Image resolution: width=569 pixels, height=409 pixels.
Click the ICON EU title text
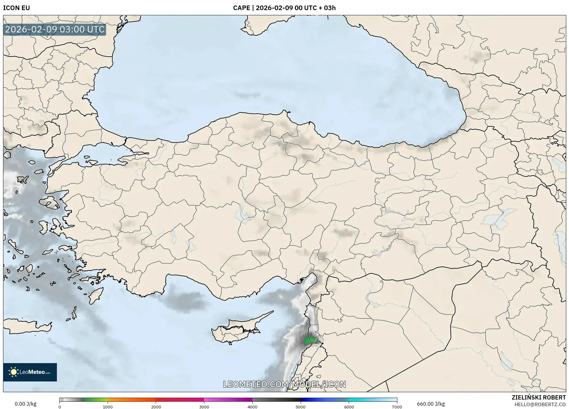click(x=17, y=8)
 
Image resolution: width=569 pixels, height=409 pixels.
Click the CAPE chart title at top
click(x=284, y=8)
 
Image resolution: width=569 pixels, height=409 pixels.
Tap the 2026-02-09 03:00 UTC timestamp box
click(x=55, y=29)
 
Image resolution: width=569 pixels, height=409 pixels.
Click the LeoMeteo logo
click(x=30, y=372)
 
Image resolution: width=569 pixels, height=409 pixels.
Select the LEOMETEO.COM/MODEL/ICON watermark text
click(x=284, y=384)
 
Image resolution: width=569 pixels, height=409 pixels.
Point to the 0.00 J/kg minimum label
click(x=25, y=404)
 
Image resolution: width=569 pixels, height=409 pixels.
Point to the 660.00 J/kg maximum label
click(x=431, y=404)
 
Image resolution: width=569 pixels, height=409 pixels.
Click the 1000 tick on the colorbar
click(x=108, y=407)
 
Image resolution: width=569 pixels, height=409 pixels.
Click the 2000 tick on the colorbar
click(x=156, y=407)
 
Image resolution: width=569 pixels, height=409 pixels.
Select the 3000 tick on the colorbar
click(x=204, y=407)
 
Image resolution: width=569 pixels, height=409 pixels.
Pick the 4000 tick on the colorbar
click(x=252, y=407)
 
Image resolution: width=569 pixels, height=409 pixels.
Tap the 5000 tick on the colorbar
click(x=301, y=407)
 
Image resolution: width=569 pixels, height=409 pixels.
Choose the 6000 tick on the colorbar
click(x=349, y=407)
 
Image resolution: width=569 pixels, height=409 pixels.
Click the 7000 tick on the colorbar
click(x=397, y=407)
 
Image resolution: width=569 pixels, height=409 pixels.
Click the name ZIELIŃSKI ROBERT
click(x=539, y=397)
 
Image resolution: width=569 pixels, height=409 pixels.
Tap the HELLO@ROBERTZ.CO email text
click(x=540, y=404)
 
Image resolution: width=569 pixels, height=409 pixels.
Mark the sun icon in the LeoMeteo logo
click(x=14, y=372)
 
